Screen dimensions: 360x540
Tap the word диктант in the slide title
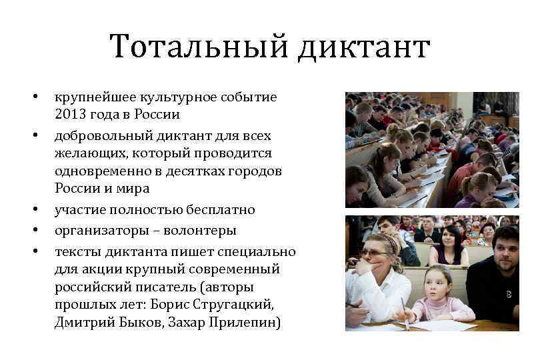coord(363,49)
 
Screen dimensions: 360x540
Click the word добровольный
coord(97,135)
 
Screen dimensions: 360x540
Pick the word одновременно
coord(97,171)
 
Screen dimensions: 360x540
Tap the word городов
coord(257,171)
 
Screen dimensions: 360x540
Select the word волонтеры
coord(202,231)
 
